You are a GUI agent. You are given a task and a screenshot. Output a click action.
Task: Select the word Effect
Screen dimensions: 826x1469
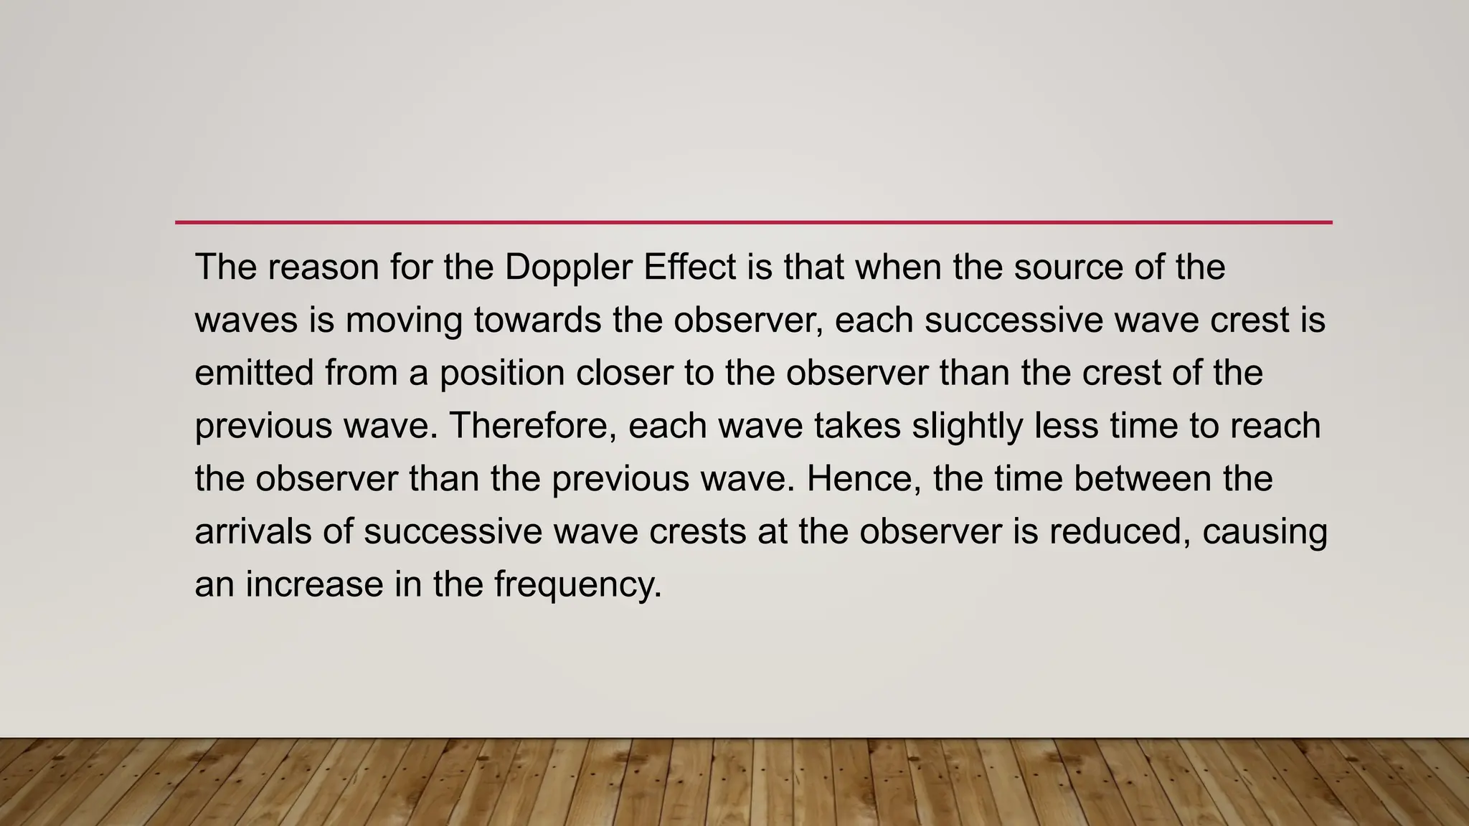pos(689,267)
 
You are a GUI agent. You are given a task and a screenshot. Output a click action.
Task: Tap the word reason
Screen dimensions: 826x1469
pos(323,267)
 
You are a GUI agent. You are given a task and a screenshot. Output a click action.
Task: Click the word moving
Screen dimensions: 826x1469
pos(404,321)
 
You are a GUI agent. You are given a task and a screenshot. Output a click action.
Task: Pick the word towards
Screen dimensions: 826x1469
pos(537,321)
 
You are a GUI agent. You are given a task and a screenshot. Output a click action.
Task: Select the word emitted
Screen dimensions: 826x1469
pos(254,374)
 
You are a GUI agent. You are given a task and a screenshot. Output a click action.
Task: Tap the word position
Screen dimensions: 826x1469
pos(501,374)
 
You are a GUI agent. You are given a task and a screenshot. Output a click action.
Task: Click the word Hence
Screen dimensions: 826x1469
pos(864,479)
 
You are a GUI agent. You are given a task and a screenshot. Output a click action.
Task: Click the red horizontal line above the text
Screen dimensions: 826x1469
pos(753,222)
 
